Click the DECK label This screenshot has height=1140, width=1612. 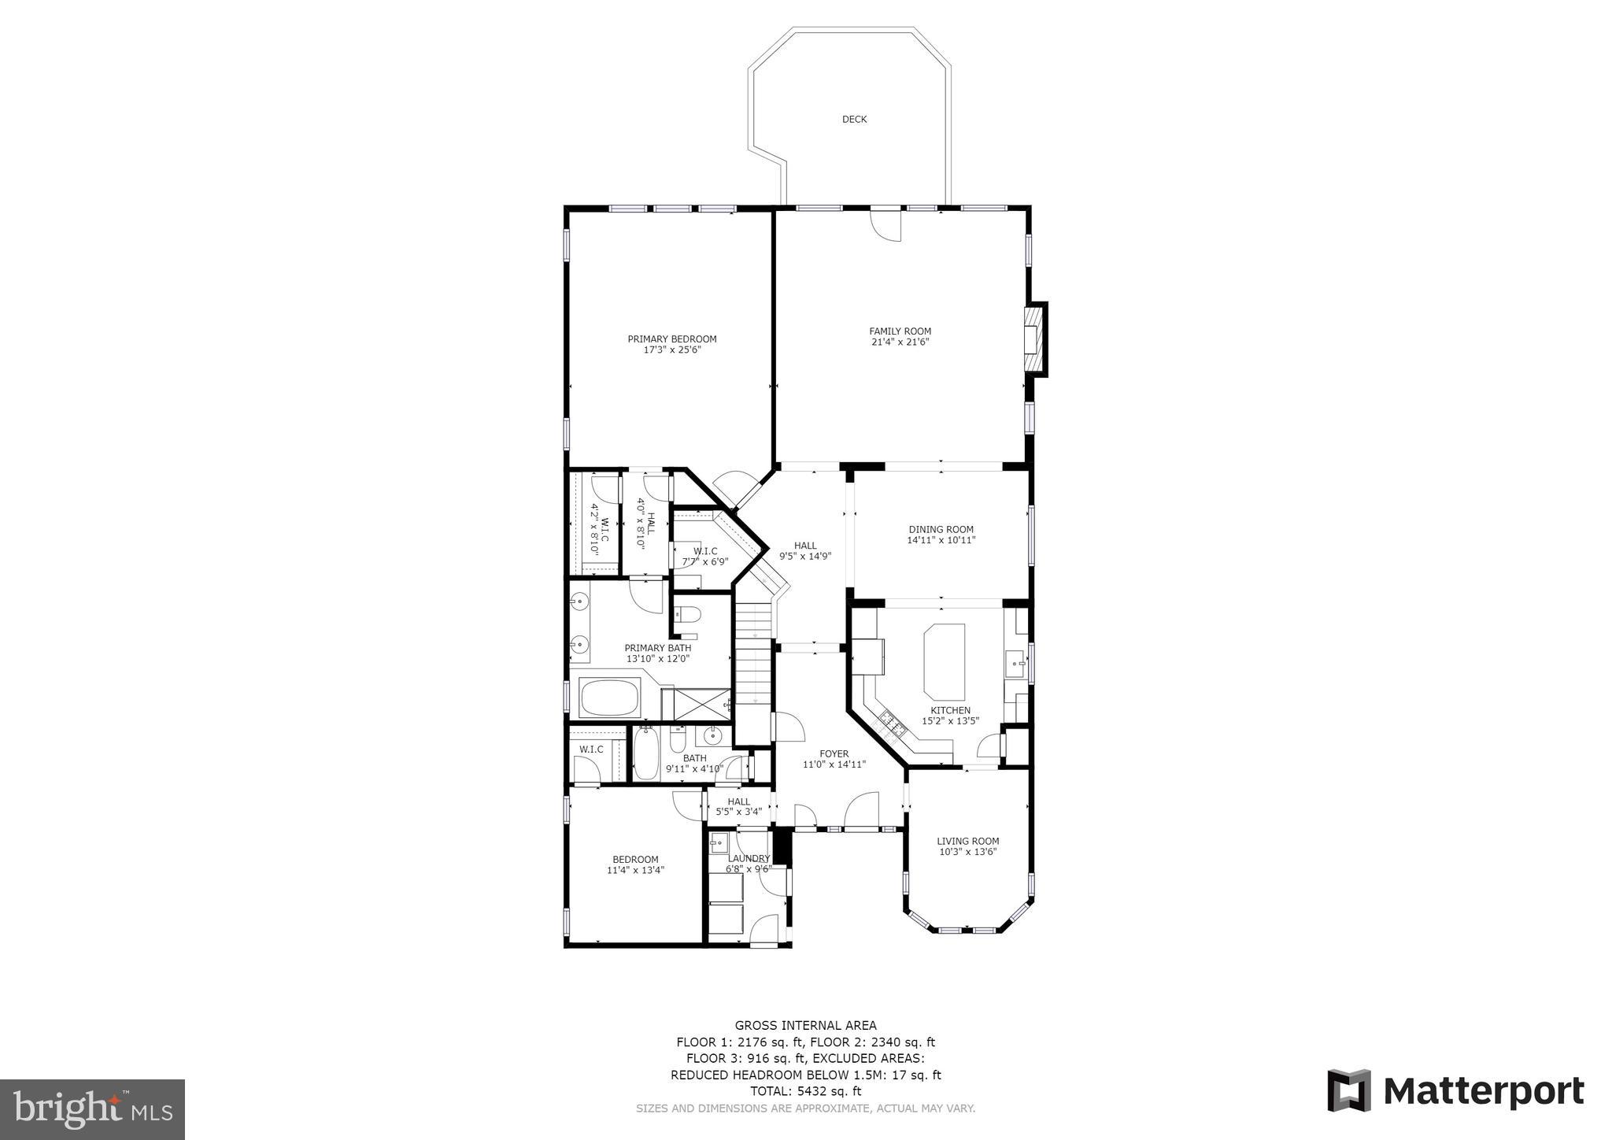[x=854, y=120]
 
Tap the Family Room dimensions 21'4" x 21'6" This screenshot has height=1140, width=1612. [x=900, y=342]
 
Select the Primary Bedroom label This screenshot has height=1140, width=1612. [x=671, y=339]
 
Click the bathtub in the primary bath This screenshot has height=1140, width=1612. [x=611, y=698]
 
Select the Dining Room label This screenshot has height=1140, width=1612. [x=941, y=530]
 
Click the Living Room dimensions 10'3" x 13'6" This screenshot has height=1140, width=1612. [x=967, y=852]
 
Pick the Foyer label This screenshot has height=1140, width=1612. [x=834, y=753]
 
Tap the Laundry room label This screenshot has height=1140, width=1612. [x=749, y=858]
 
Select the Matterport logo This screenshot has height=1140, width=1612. [x=1455, y=1091]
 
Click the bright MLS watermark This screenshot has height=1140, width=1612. [x=92, y=1109]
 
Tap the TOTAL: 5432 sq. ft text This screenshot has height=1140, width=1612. [x=805, y=1091]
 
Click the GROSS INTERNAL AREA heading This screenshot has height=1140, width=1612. [x=805, y=1025]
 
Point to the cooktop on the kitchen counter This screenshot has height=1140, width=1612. [x=893, y=725]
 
